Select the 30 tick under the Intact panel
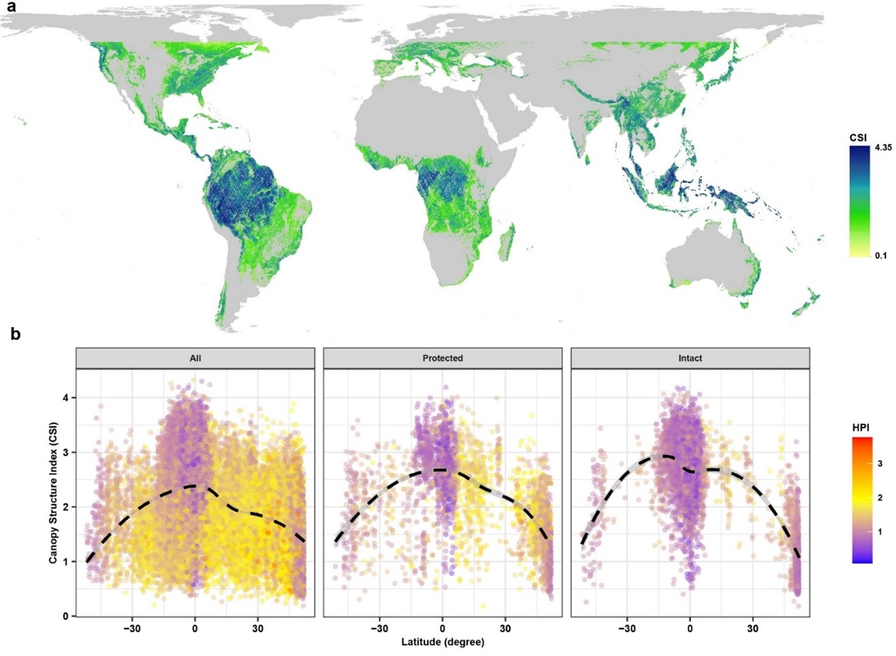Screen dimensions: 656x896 point(752,628)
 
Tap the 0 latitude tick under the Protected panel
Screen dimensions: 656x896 point(442,628)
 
